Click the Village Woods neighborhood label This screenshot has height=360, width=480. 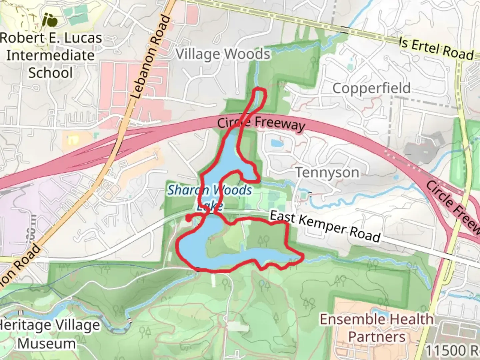pos(223,54)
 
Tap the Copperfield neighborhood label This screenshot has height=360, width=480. pos(371,88)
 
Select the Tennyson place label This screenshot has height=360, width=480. pos(327,173)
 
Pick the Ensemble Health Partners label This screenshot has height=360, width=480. pos(377,328)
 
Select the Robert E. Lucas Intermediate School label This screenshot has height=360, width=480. pos(51,55)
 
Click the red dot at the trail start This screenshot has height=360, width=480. pos(188,218)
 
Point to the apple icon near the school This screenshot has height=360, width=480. pos(51,21)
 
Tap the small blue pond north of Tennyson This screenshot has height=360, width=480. pos(277,143)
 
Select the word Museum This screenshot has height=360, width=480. pos(47,344)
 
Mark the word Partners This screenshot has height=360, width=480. pos(377,337)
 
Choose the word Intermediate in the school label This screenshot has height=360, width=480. pos(51,55)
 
